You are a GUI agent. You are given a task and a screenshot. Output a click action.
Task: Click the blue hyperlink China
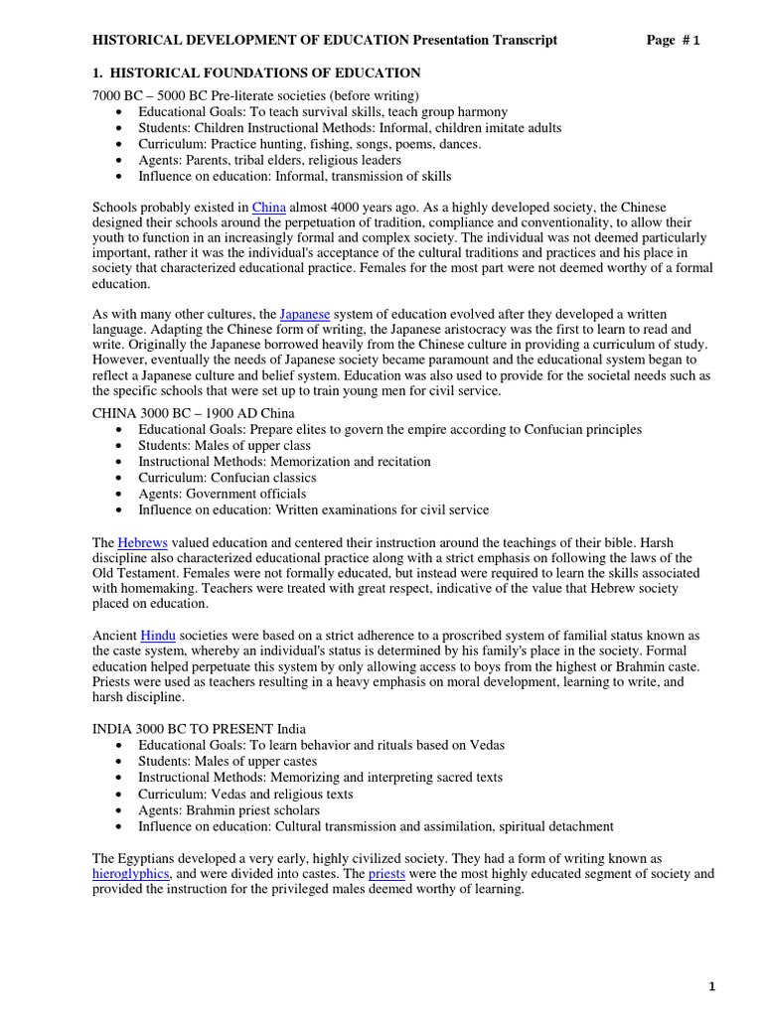coord(268,207)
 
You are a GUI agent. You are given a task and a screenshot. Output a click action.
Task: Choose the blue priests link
coord(387,873)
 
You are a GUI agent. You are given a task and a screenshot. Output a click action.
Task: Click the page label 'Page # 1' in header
coord(673,40)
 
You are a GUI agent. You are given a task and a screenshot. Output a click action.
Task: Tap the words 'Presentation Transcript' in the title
coord(486,40)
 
